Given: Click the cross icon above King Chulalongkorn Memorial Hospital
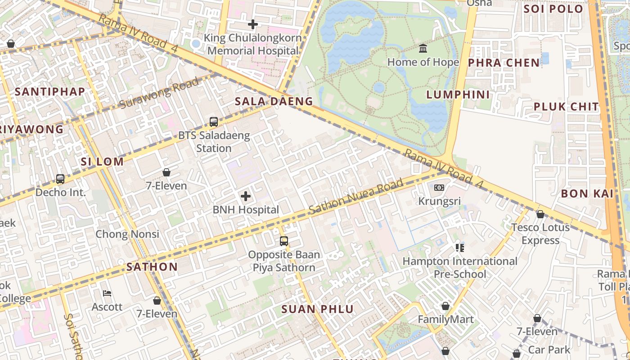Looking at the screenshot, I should click(253, 24).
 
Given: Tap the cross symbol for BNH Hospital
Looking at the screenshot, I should click(246, 196).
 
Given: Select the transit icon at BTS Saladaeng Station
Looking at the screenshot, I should click(214, 122).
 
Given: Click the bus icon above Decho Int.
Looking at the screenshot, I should click(60, 179).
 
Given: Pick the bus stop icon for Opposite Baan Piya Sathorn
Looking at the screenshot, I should click(283, 241).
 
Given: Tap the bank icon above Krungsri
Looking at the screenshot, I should click(439, 188).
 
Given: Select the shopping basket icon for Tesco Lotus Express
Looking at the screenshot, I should click(540, 214).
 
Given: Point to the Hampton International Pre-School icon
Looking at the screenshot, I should click(459, 248).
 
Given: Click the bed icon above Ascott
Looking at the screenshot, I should click(107, 293).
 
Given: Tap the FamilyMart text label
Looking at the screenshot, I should click(445, 319).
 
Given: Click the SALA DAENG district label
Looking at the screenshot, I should click(274, 102).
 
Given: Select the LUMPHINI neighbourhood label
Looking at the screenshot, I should click(458, 94).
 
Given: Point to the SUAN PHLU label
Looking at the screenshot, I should click(317, 309).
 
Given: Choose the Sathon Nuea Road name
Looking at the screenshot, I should click(355, 197).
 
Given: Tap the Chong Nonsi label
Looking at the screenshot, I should click(127, 234).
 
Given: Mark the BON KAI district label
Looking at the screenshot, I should click(587, 193).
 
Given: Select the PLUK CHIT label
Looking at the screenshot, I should click(566, 107).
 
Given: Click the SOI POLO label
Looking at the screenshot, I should click(553, 9).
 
